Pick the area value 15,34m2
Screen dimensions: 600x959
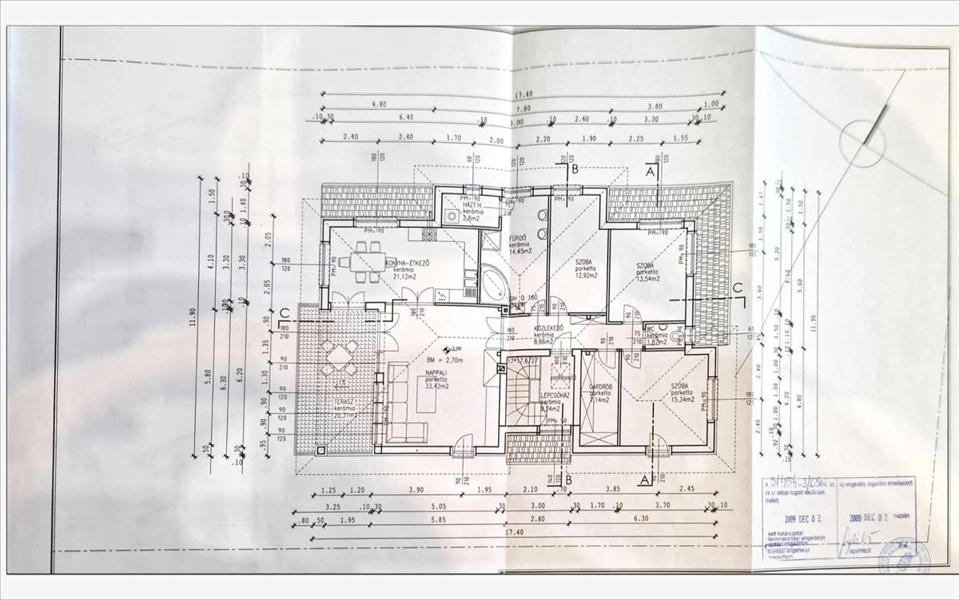(x=680, y=399)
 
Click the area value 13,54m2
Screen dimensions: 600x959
(x=647, y=280)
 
